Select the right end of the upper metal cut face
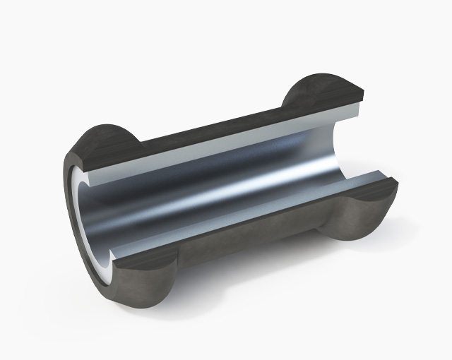(357, 112)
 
